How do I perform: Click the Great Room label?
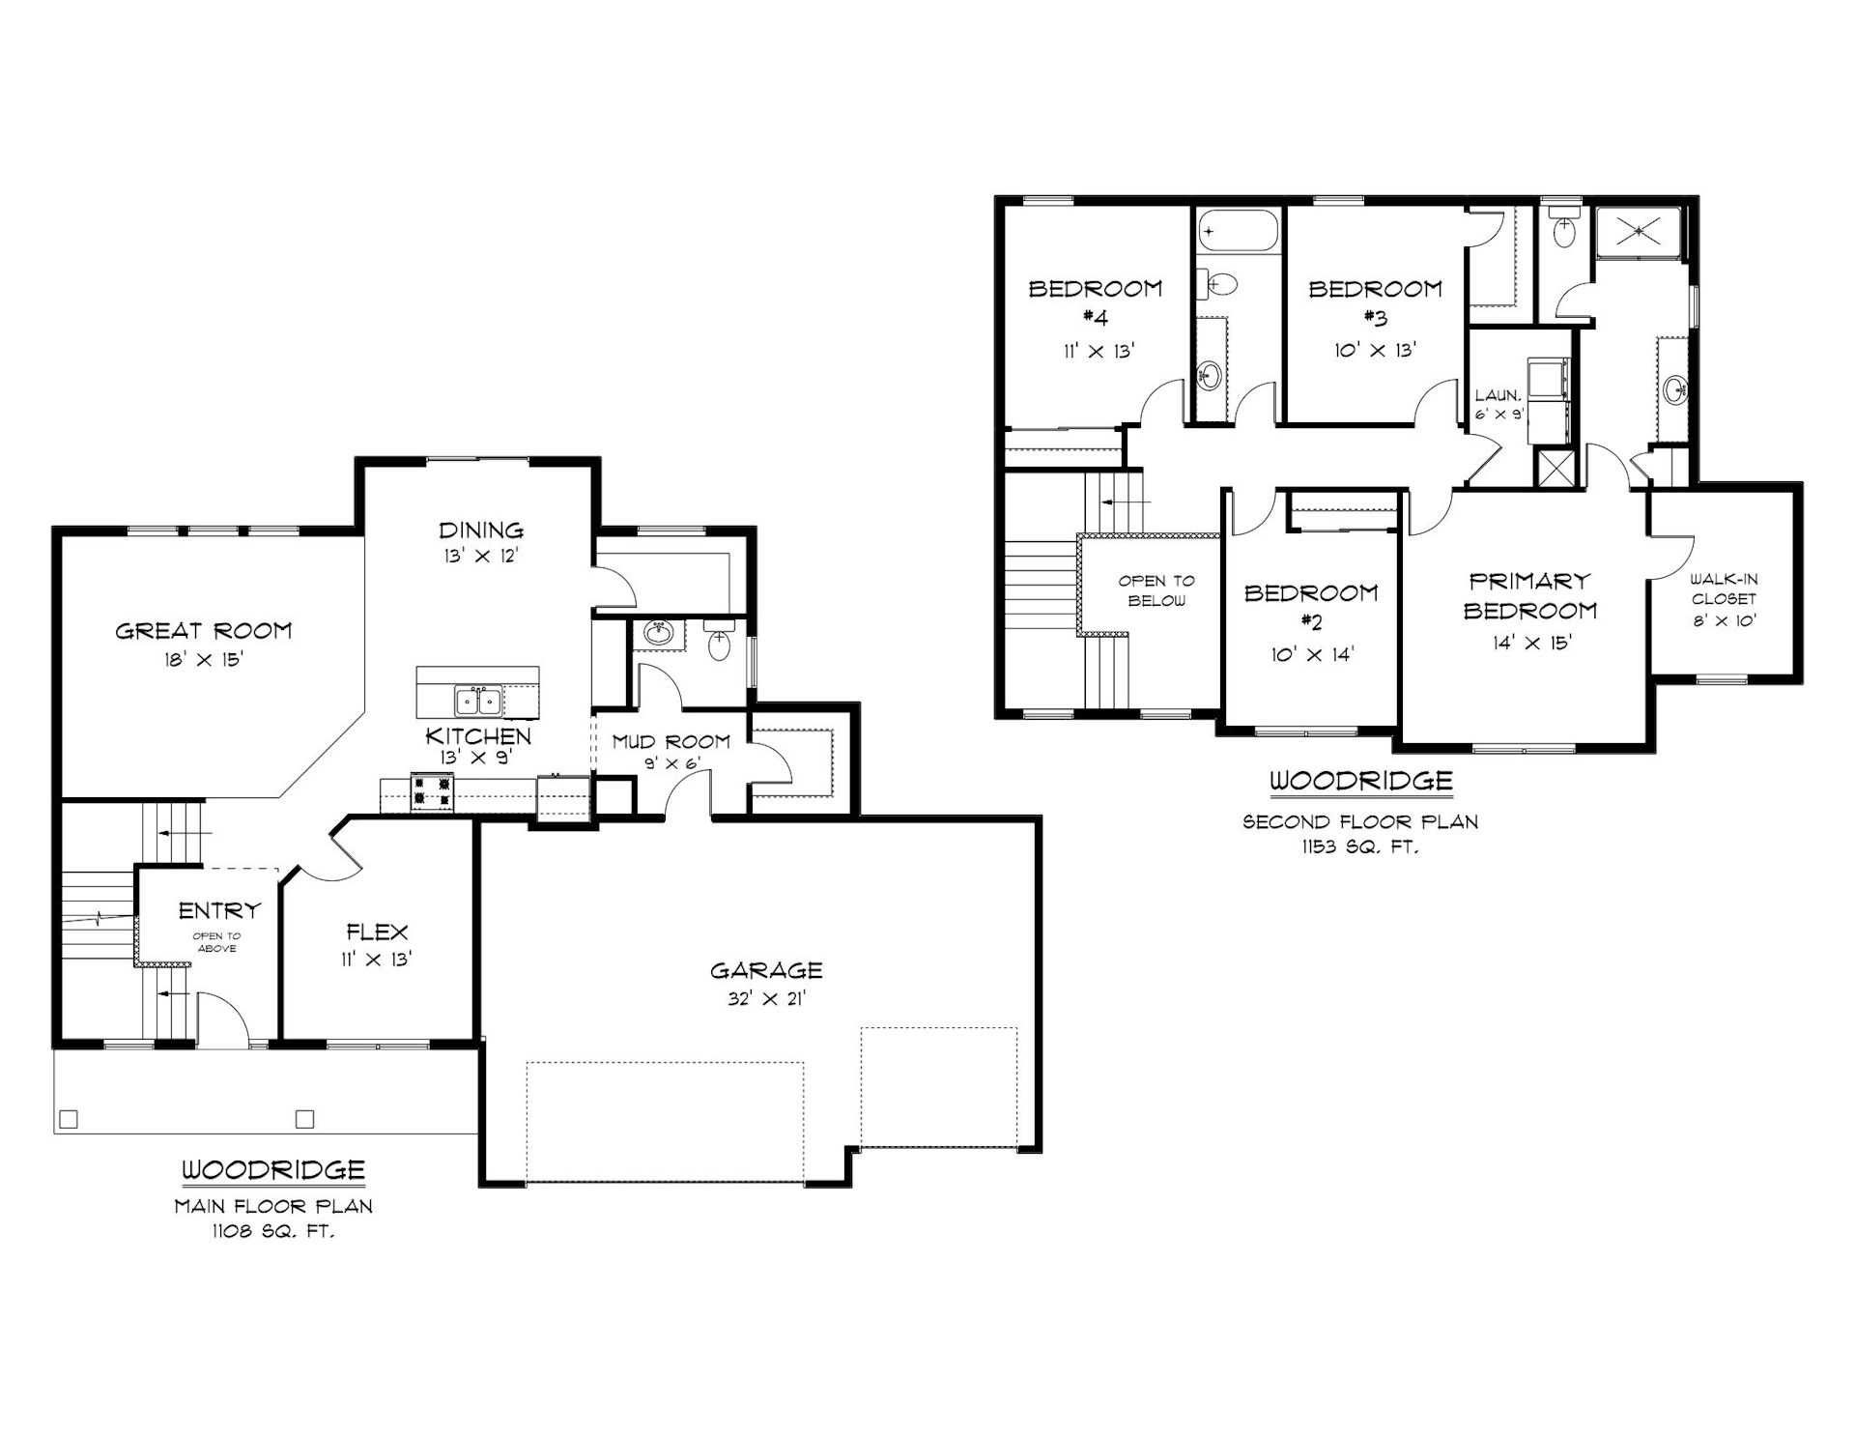click(203, 631)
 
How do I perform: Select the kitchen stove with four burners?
click(433, 790)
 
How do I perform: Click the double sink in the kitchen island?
click(478, 698)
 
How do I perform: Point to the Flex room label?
click(378, 932)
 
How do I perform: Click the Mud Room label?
click(671, 741)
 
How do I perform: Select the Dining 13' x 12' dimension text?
click(481, 557)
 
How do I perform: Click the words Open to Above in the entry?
click(216, 942)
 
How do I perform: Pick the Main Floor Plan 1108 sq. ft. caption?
click(273, 1219)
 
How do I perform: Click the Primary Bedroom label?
click(1530, 595)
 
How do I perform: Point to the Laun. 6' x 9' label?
click(1498, 405)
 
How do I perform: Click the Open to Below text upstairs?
click(1156, 590)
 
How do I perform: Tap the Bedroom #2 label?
click(1311, 606)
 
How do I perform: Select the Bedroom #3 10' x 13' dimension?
click(1376, 350)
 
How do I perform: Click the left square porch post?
click(68, 1119)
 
